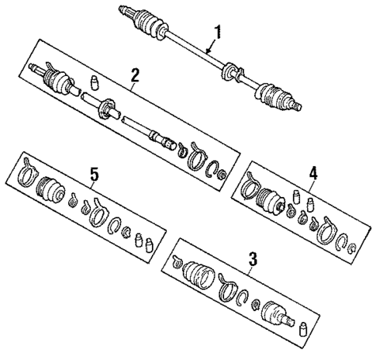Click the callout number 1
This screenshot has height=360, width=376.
click(x=218, y=33)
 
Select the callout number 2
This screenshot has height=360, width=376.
click(x=135, y=75)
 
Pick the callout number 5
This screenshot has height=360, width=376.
click(x=95, y=176)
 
